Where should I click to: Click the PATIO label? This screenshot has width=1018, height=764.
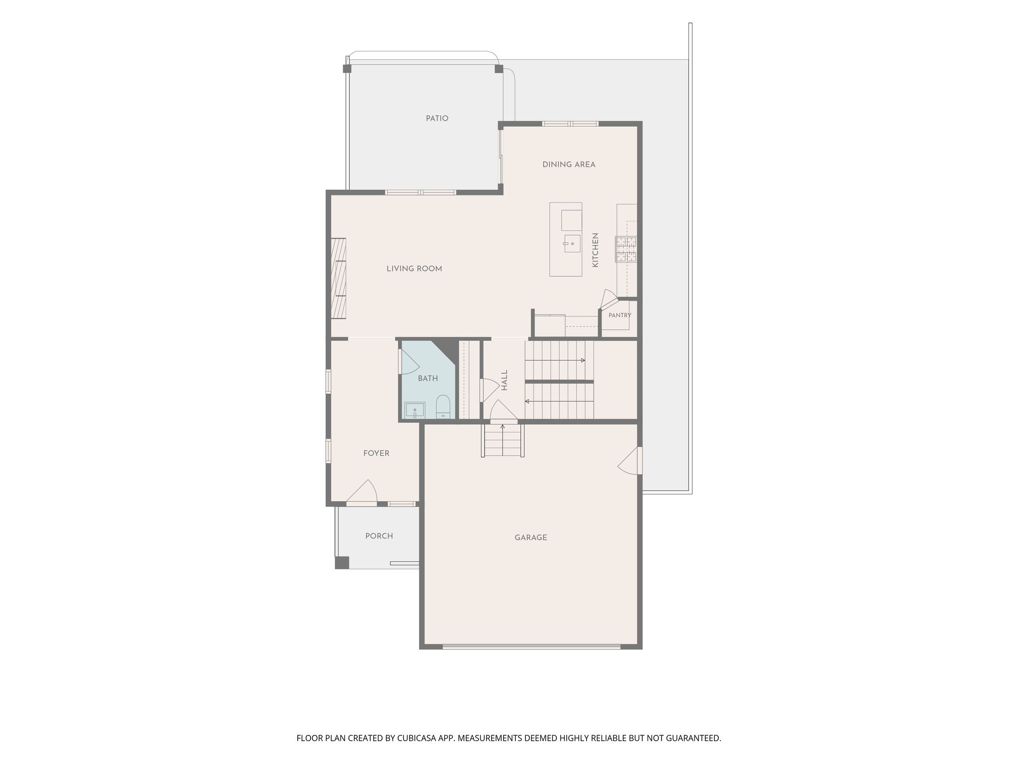(437, 118)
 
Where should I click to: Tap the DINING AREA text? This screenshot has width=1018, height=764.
(569, 165)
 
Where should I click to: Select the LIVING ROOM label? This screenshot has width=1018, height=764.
(414, 269)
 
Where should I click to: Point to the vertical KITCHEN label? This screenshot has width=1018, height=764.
(595, 250)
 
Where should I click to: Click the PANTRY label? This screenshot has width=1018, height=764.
(620, 315)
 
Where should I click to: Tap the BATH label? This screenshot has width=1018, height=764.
(427, 379)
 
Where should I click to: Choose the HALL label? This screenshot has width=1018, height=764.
(505, 380)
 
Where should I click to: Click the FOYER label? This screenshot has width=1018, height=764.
(376, 453)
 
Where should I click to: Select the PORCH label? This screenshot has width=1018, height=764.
(379, 536)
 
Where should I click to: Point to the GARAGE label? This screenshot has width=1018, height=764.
(531, 538)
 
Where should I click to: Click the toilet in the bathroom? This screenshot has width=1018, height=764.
(442, 407)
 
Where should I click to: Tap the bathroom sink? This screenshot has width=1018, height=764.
(415, 410)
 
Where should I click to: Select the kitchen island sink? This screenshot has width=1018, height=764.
(572, 244)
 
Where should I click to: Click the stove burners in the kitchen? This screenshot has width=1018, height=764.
(626, 249)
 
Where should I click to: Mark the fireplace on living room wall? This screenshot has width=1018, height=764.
(339, 278)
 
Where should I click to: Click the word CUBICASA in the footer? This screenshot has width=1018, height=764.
(417, 738)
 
